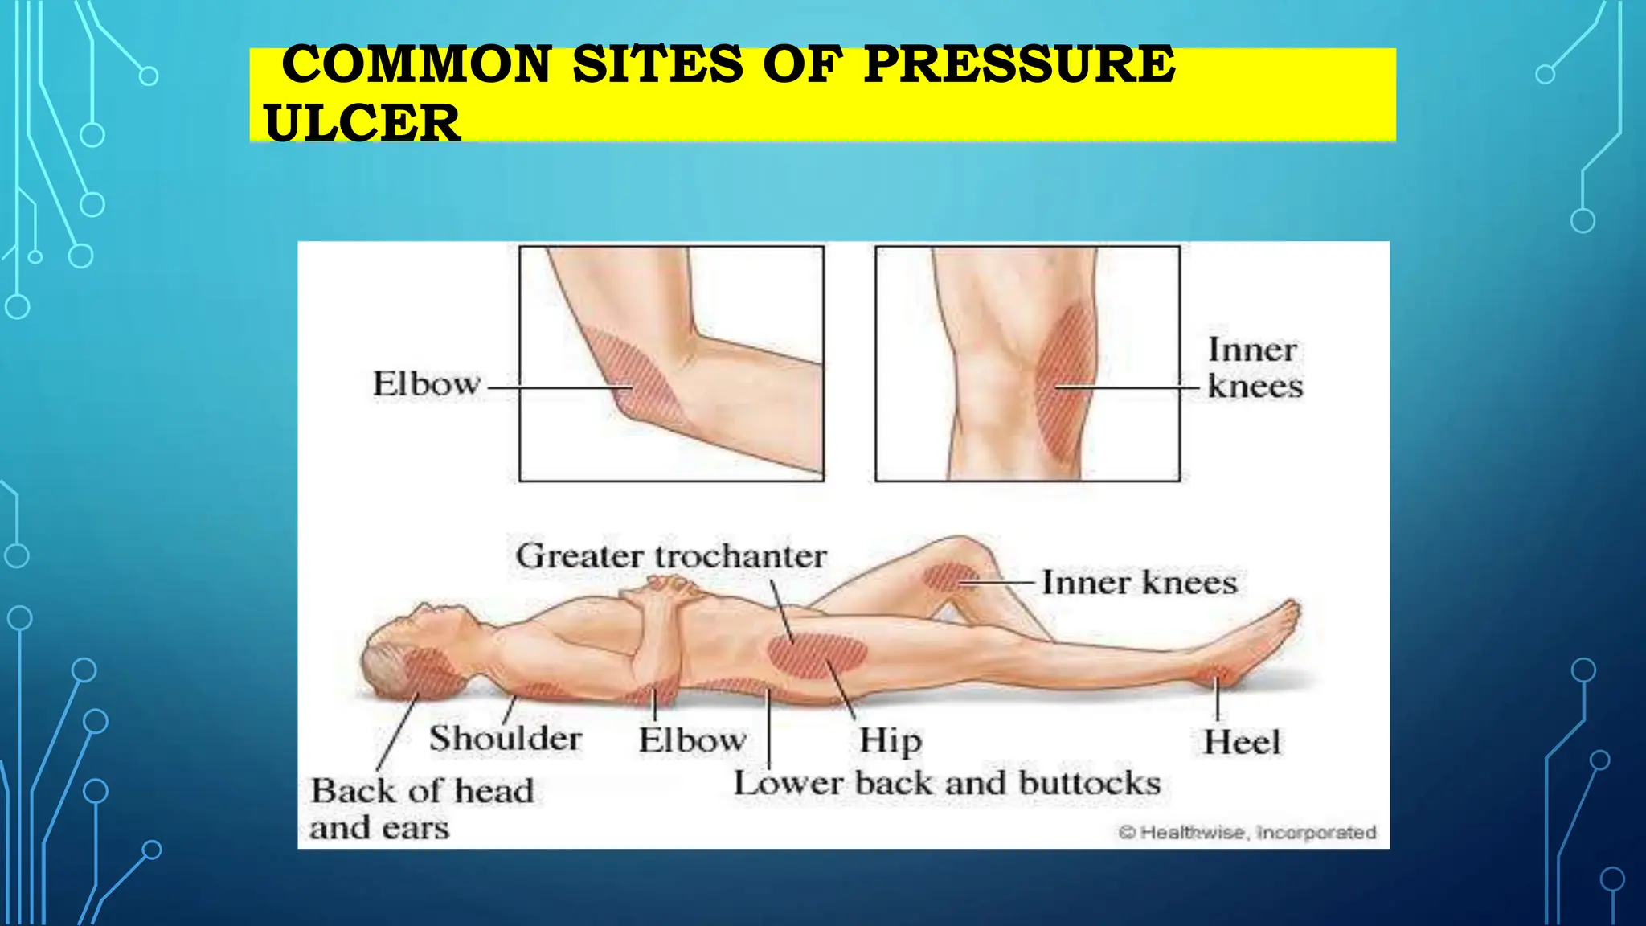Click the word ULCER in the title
[x=362, y=123]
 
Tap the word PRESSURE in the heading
[x=1018, y=64]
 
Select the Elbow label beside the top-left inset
[x=426, y=383]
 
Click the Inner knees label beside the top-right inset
[x=1254, y=368]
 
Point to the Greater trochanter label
[x=671, y=556]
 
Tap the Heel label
[x=1241, y=742]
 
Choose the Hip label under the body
[x=890, y=740]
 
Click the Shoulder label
[x=506, y=739]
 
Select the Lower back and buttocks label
[x=947, y=783]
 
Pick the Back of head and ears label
[x=421, y=809]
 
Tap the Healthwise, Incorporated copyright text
[x=1247, y=832]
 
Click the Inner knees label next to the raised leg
[x=1139, y=583]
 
